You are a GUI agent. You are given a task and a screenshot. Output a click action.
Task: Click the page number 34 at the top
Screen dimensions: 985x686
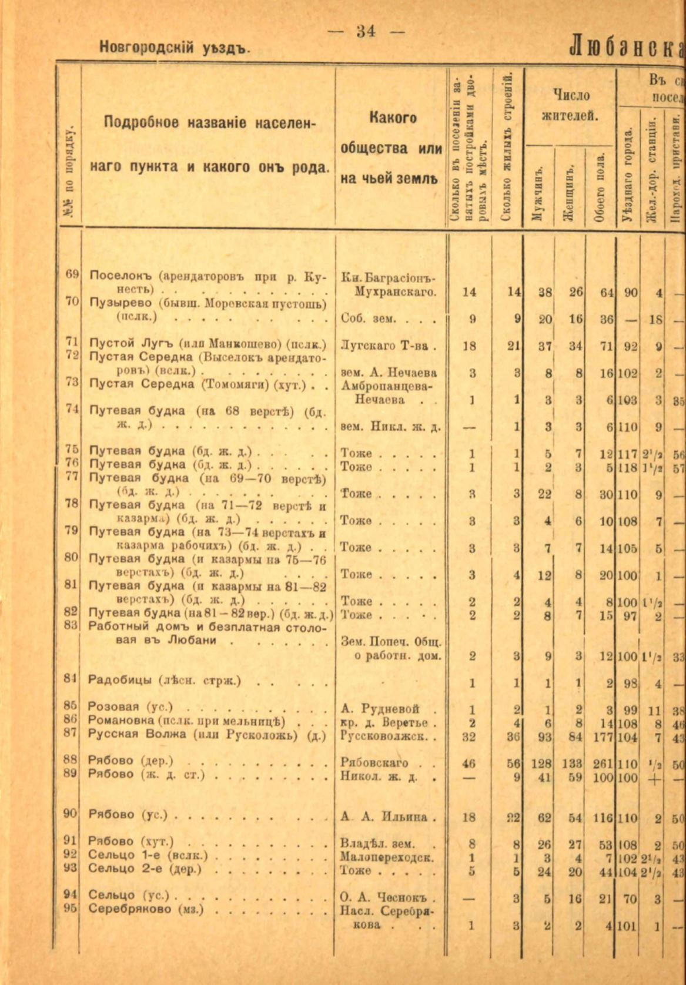coord(366,31)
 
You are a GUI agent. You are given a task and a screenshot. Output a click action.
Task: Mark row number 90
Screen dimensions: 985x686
coord(71,814)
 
